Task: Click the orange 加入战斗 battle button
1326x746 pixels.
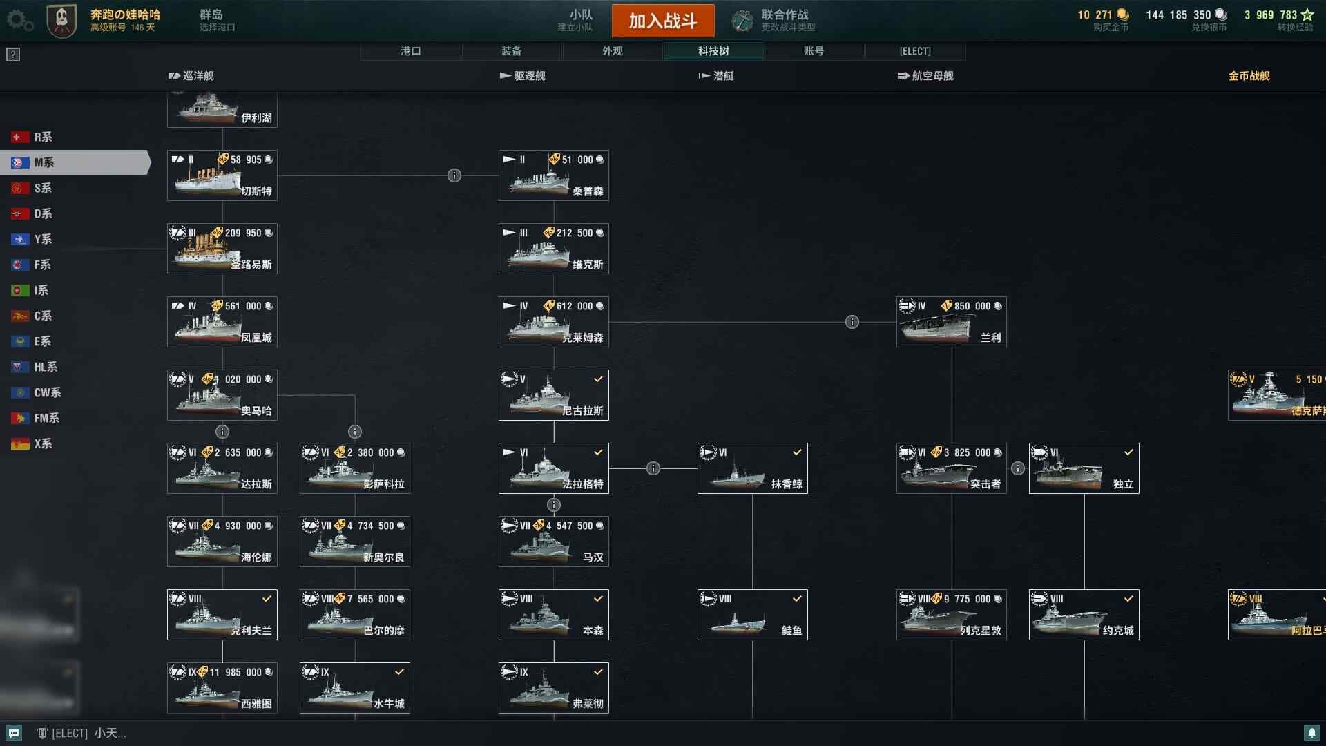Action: pyautogui.click(x=662, y=21)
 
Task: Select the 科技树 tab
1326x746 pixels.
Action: pyautogui.click(x=713, y=51)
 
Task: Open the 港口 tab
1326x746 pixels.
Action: pyautogui.click(x=410, y=51)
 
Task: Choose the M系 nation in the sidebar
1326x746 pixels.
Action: pyautogui.click(x=44, y=162)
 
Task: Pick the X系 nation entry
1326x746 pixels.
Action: pyautogui.click(x=43, y=443)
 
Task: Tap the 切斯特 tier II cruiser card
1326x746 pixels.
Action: pyautogui.click(x=222, y=175)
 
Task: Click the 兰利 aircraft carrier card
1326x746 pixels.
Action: pyautogui.click(x=951, y=322)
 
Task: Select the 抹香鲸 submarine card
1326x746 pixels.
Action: pyautogui.click(x=752, y=468)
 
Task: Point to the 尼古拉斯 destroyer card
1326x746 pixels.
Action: pyautogui.click(x=553, y=395)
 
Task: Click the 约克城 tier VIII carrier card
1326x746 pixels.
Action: pyautogui.click(x=1084, y=615)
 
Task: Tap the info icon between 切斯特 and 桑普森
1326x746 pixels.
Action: pyautogui.click(x=454, y=175)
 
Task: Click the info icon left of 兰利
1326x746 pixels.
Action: pyautogui.click(x=852, y=322)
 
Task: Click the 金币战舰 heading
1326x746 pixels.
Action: pyautogui.click(x=1249, y=76)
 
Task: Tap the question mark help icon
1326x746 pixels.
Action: pyautogui.click(x=13, y=55)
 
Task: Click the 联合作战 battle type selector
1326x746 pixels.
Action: pyautogui.click(x=774, y=21)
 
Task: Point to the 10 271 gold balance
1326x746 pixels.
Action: pyautogui.click(x=1102, y=15)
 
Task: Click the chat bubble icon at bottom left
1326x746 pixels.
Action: pyautogui.click(x=14, y=733)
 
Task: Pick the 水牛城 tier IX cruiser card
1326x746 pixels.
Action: pyautogui.click(x=354, y=688)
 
